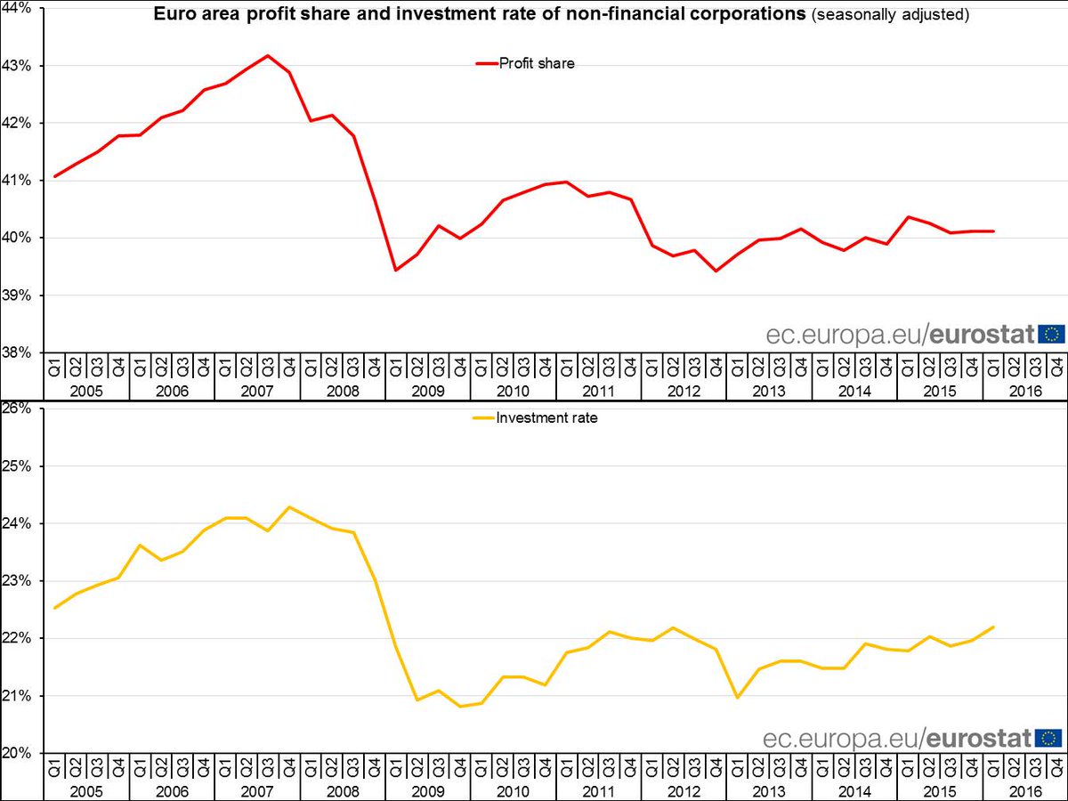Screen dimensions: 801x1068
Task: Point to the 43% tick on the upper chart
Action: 20,66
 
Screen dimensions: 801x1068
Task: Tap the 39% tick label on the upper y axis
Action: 20,295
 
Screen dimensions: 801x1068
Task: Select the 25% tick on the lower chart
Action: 20,466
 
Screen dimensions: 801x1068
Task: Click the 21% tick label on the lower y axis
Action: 20,696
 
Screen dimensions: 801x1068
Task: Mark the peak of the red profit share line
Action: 268,55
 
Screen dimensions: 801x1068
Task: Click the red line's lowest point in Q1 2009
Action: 396,270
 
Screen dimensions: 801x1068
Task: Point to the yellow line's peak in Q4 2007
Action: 289,507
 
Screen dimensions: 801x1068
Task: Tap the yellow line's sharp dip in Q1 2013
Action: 737,698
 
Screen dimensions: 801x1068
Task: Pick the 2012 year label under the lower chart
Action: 684,789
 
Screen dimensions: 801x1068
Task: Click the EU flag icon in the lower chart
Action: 1050,738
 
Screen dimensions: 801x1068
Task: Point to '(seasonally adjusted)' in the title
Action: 889,15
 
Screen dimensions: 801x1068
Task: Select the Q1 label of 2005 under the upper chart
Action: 55,365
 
